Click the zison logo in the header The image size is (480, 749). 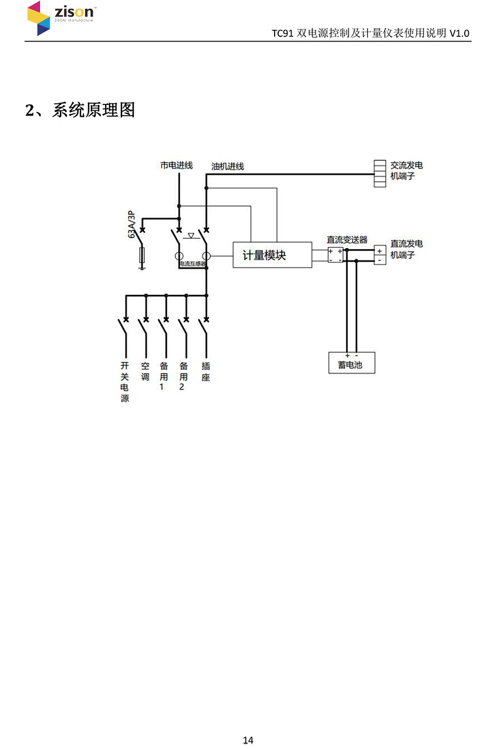pos(61,18)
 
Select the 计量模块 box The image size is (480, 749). pos(272,255)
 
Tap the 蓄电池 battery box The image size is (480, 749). pos(350,364)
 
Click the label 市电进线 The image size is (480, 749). pos(176,165)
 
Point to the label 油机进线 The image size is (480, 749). pos(228,167)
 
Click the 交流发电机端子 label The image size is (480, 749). pos(406,171)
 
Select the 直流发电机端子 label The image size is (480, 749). pos(406,249)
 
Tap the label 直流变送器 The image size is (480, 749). pos(347,239)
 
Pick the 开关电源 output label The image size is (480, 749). pos(124,382)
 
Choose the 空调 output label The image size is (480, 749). pos(145,371)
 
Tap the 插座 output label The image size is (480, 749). pos(205,371)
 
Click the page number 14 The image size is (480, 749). pos(248,740)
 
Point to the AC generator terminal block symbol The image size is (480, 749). pos(380,174)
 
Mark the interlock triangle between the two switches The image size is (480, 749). pos(191,236)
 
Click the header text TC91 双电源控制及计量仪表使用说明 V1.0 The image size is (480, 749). pos(370,33)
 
